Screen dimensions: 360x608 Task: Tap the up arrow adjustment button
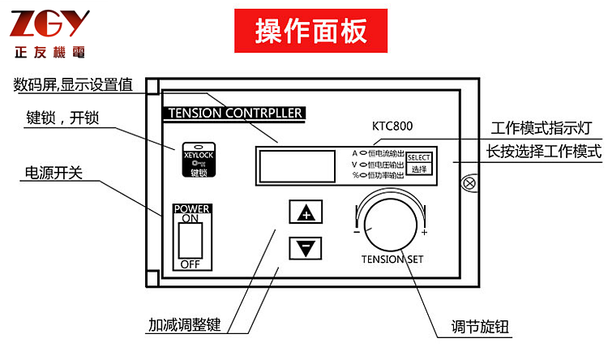point(305,213)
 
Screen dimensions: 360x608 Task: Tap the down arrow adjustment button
point(305,247)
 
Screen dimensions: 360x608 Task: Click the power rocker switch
point(191,239)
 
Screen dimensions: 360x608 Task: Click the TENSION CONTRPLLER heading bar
point(234,113)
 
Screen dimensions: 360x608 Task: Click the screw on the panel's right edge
point(468,182)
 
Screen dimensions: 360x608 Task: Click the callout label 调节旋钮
point(485,328)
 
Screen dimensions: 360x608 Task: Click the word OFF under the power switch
point(190,264)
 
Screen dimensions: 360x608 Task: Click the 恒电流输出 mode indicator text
point(386,152)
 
